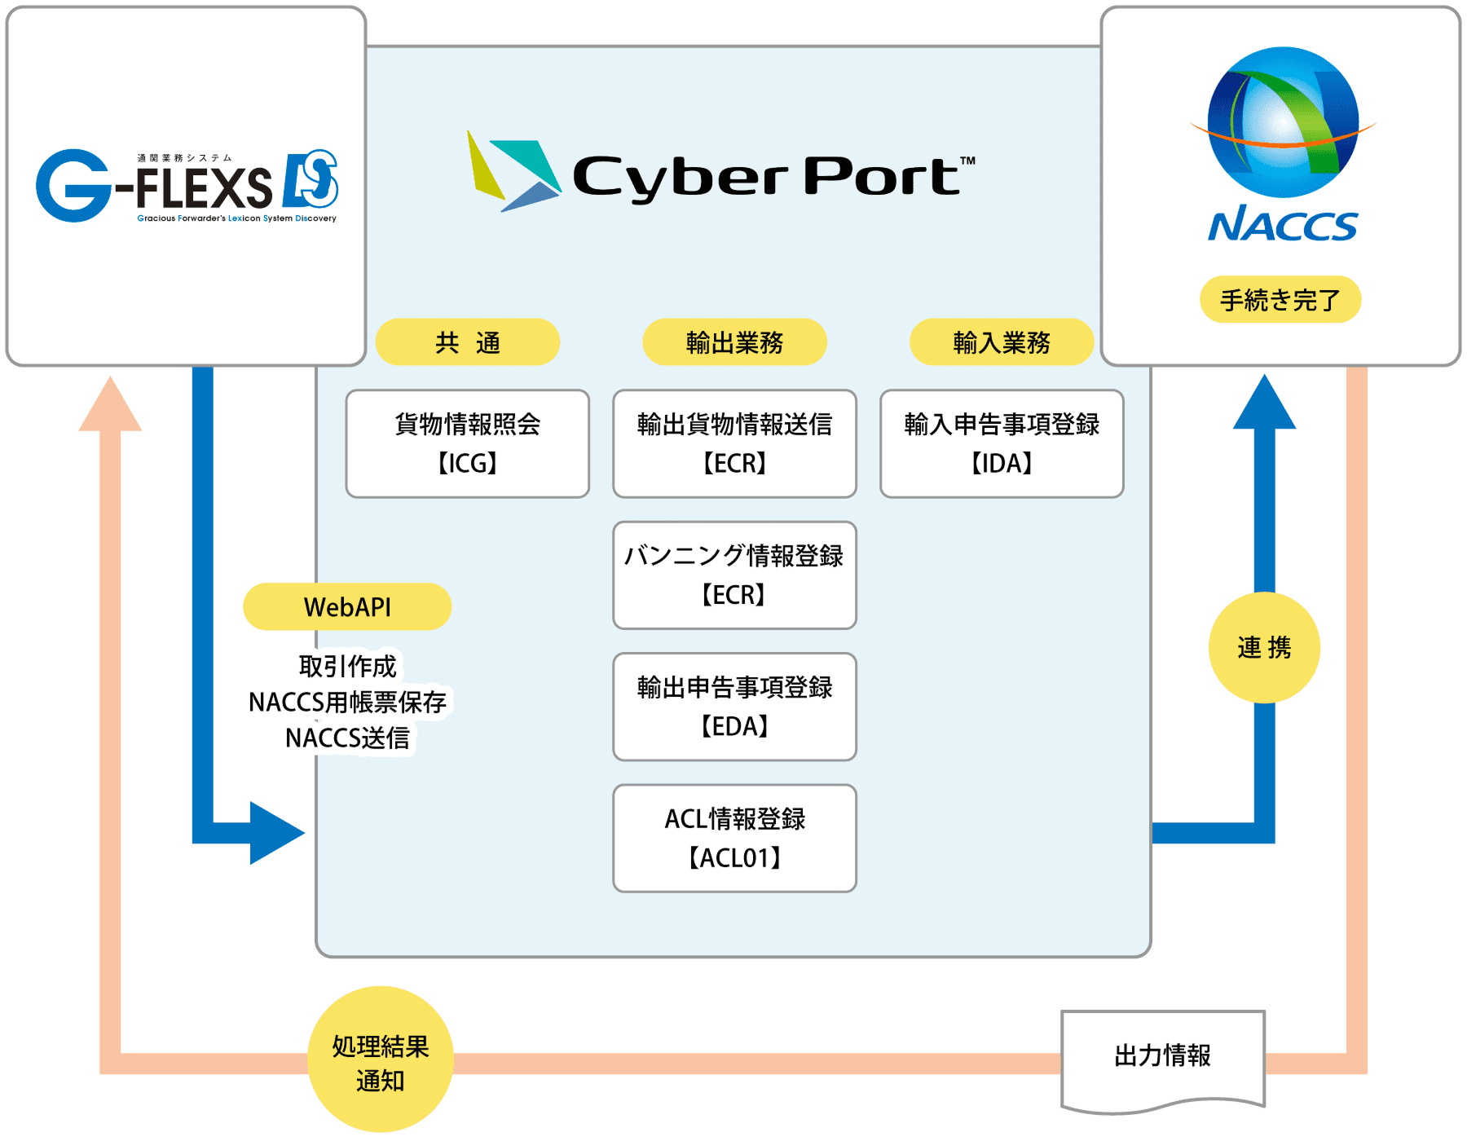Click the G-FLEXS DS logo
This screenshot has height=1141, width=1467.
[187, 186]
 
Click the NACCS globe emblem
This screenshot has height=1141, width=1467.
[1282, 122]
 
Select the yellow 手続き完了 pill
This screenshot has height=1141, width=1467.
[1280, 300]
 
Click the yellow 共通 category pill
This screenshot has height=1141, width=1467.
[468, 342]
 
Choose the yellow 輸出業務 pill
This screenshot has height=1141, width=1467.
[734, 342]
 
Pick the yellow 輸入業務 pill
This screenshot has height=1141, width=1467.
[1001, 342]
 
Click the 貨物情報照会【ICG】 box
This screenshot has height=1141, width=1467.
[468, 443]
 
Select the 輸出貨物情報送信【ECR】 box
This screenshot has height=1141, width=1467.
[734, 443]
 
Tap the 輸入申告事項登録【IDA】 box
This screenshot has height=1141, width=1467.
[1002, 443]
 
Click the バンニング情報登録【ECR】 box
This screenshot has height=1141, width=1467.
[734, 575]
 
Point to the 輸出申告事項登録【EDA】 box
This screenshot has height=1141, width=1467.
[734, 707]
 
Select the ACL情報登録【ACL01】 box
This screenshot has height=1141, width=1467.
[734, 838]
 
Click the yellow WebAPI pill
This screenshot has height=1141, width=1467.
[347, 606]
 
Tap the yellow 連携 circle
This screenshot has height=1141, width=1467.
[1264, 648]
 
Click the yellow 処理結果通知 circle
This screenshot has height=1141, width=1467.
[380, 1059]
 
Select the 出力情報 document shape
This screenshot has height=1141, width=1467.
[1163, 1058]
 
